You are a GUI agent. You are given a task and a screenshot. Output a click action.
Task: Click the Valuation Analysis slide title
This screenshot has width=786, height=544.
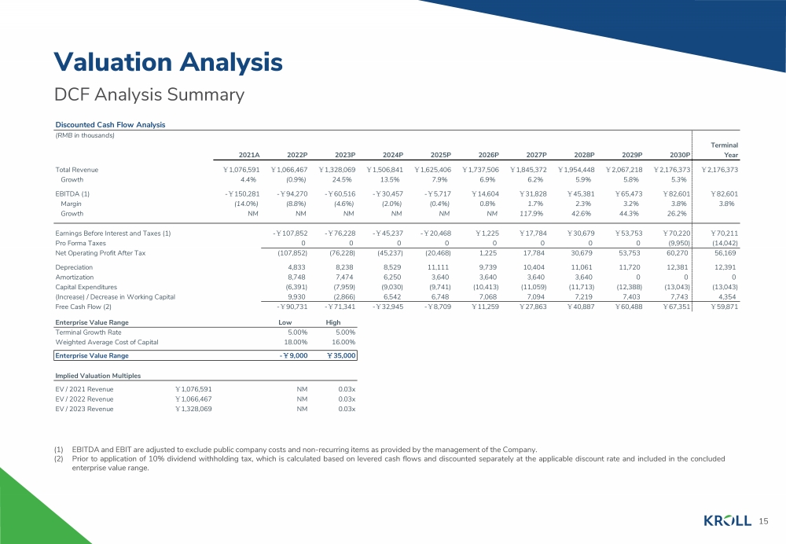pos(168,63)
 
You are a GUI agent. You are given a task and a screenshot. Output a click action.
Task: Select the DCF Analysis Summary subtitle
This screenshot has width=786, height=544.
pos(149,94)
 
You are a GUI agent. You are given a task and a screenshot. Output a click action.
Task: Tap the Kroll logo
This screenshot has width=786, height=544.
pos(727,521)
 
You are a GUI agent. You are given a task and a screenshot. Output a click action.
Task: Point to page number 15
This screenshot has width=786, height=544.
pos(763,521)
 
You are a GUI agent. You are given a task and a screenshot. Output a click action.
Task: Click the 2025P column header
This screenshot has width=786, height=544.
pos(441,155)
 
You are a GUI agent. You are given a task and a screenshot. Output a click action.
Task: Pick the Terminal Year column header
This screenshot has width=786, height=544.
pos(725,150)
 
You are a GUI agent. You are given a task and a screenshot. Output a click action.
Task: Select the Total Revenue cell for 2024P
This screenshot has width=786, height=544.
pos(384,170)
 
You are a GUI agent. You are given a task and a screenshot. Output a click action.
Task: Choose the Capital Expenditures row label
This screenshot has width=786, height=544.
pos(86,287)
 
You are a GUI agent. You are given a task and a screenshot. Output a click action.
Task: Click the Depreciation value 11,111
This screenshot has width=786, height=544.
pos(440,268)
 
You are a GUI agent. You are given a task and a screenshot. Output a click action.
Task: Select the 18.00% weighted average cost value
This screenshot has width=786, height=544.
pos(296,343)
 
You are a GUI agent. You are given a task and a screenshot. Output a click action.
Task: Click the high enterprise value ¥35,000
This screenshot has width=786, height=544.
pos(341,355)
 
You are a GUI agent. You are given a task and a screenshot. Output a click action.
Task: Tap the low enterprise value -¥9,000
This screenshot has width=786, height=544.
pos(293,355)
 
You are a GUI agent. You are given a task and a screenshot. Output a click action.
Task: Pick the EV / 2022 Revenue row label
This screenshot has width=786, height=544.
pos(84,399)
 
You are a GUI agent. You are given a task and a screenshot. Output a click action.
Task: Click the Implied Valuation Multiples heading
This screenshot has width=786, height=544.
pos(97,376)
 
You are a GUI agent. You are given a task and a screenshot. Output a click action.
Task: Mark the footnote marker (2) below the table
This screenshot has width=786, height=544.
pos(59,459)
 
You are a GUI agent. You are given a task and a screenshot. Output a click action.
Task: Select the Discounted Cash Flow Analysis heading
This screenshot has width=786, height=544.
pos(110,125)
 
